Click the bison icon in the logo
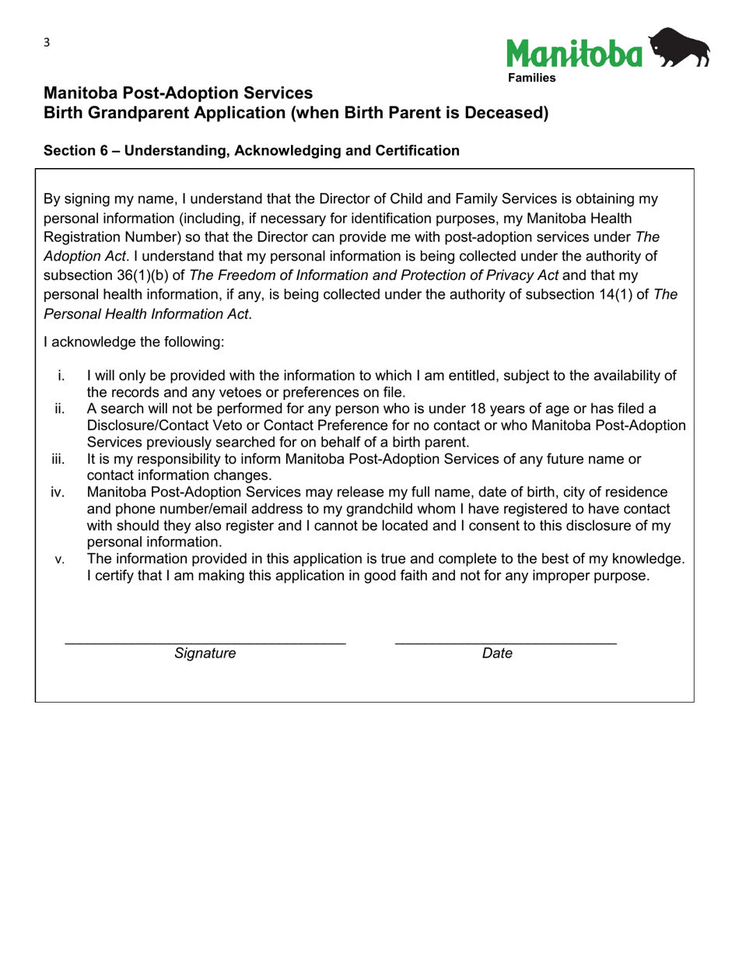[x=680, y=48]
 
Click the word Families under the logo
[x=532, y=79]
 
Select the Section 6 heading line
[x=251, y=151]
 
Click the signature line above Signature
[x=205, y=642]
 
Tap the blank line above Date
[x=506, y=642]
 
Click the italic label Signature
[x=205, y=654]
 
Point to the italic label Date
[x=497, y=654]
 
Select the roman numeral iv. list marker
[x=58, y=493]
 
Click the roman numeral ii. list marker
[x=60, y=409]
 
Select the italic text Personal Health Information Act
[x=148, y=314]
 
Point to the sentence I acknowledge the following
[x=134, y=342]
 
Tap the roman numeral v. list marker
[x=60, y=559]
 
